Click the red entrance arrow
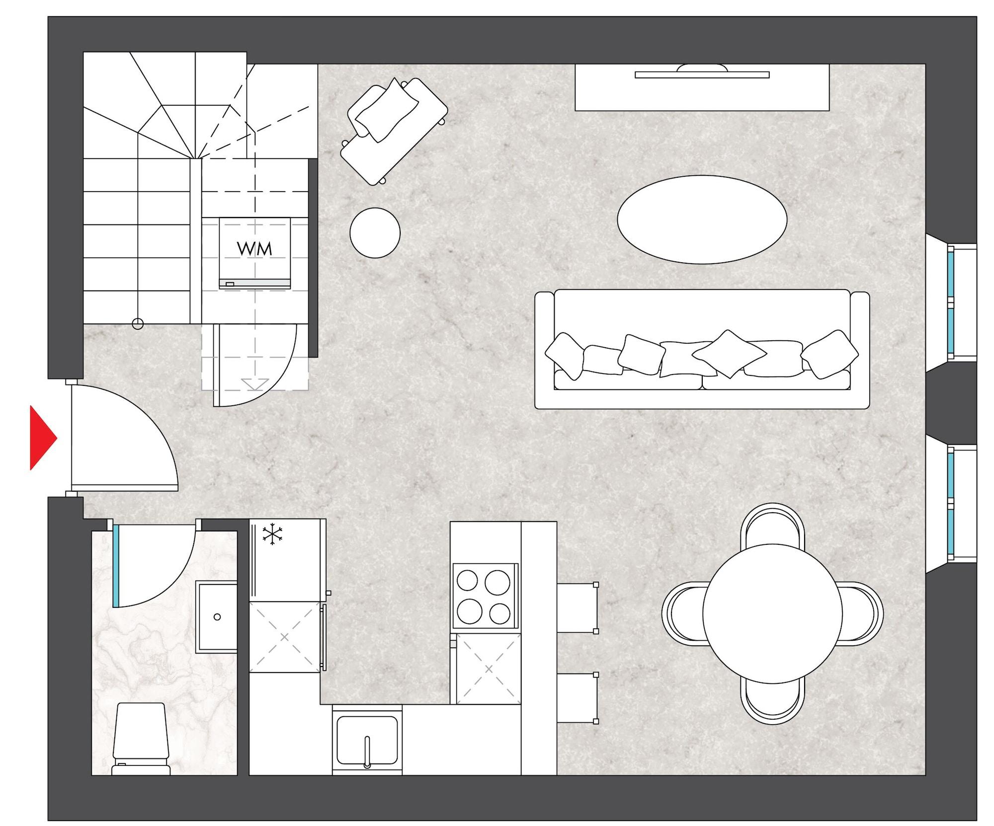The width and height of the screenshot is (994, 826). point(43,438)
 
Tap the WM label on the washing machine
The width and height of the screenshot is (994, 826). point(254,248)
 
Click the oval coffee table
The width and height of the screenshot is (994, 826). point(702,219)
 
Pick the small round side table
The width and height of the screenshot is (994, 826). point(375,232)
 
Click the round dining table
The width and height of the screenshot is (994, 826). point(772,613)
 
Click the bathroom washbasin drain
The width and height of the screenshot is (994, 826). point(217,617)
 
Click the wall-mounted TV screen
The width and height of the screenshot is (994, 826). point(702,75)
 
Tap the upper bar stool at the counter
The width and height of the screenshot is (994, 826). point(577,607)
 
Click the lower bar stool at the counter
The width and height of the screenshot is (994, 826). point(577,697)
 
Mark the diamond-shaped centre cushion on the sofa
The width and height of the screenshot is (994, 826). point(729,354)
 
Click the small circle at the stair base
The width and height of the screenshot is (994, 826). point(138,324)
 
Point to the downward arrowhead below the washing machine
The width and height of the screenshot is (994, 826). point(255,384)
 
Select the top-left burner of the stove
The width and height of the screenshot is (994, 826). point(467,580)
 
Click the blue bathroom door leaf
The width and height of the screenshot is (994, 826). point(116,566)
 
